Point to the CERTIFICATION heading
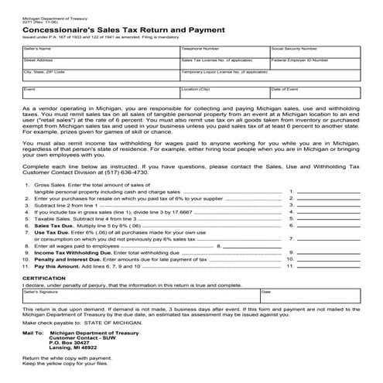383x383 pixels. coord(44,276)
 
